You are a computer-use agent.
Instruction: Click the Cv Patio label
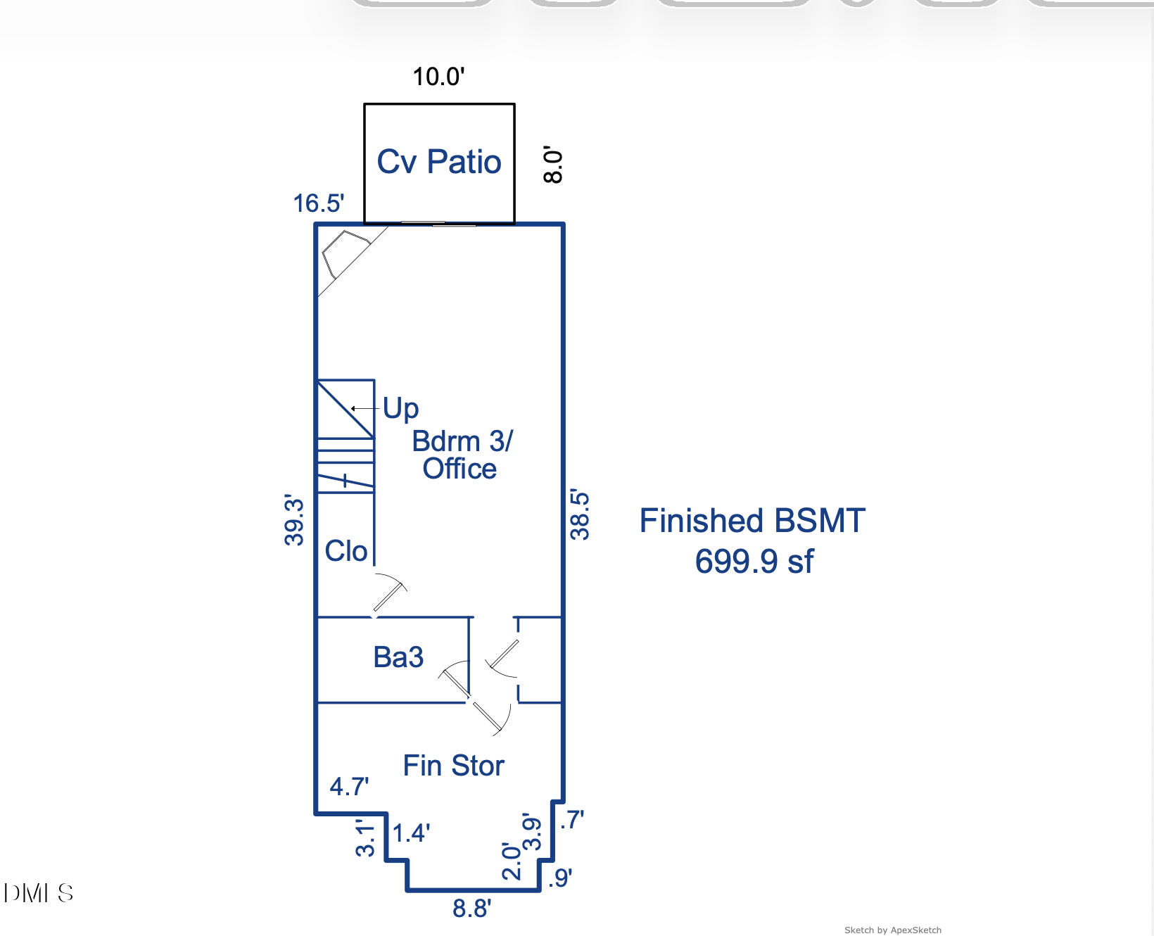438,162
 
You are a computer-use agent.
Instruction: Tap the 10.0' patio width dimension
438,76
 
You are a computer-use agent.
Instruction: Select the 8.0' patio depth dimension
553,165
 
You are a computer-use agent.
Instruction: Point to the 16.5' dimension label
318,203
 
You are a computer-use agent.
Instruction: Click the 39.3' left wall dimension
294,520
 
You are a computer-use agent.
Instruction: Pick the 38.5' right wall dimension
579,514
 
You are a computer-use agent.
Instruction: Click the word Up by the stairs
400,408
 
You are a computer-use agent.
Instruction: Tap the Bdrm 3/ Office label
462,455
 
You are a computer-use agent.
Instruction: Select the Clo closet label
345,551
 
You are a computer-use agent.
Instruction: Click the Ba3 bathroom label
398,657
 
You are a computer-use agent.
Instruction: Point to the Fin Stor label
453,766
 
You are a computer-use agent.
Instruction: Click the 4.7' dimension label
349,786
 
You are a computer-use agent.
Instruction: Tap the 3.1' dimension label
364,837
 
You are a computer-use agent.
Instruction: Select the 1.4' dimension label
411,833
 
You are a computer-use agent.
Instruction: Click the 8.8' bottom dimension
471,909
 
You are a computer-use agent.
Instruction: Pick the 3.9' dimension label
531,832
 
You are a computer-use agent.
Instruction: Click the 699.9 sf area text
754,562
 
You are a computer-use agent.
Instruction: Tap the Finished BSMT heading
752,521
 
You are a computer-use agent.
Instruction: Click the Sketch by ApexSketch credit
892,930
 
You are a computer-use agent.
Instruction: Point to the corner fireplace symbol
345,253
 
